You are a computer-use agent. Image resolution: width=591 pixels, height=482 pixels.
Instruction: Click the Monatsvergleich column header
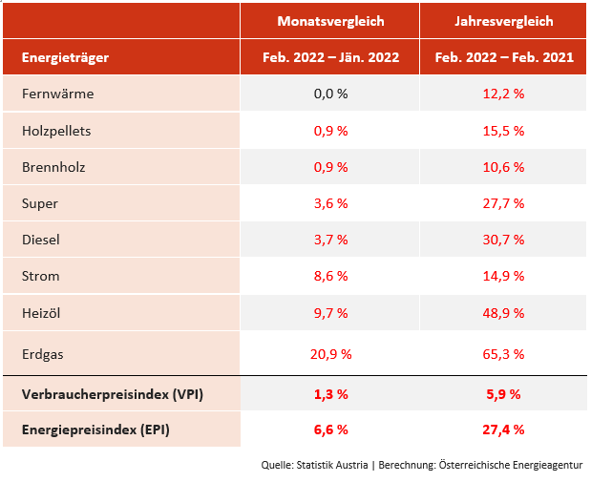330,21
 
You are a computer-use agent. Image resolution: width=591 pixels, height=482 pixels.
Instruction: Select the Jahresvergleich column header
504,21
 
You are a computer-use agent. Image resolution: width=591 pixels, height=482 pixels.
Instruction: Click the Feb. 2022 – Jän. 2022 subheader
330,57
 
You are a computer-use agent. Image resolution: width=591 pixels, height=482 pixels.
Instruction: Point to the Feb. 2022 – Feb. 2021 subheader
504,57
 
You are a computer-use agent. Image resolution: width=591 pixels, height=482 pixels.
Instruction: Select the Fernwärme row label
57,94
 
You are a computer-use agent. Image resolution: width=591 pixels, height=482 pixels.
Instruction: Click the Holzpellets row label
56,130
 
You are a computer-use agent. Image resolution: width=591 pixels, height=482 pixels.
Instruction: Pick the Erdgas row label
43,354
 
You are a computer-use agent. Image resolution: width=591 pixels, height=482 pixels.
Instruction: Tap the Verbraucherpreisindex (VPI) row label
112,393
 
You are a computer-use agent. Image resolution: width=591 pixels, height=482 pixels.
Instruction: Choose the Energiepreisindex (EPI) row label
95,430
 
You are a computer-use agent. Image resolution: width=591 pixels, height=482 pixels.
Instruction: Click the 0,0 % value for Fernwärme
330,94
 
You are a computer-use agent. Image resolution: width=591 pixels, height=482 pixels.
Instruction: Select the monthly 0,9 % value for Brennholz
330,167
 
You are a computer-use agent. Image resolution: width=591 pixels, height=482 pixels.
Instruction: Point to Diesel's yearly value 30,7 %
504,240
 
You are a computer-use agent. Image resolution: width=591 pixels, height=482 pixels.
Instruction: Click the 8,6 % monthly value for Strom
330,276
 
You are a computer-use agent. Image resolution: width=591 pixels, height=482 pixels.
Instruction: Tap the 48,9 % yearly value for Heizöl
504,312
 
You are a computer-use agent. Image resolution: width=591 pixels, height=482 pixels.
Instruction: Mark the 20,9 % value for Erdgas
330,354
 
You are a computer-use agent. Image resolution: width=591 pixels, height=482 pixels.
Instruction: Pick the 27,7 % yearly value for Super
504,203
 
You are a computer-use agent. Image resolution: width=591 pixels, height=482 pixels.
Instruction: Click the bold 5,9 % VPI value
504,393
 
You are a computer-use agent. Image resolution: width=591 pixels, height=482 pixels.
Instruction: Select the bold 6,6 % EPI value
330,430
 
